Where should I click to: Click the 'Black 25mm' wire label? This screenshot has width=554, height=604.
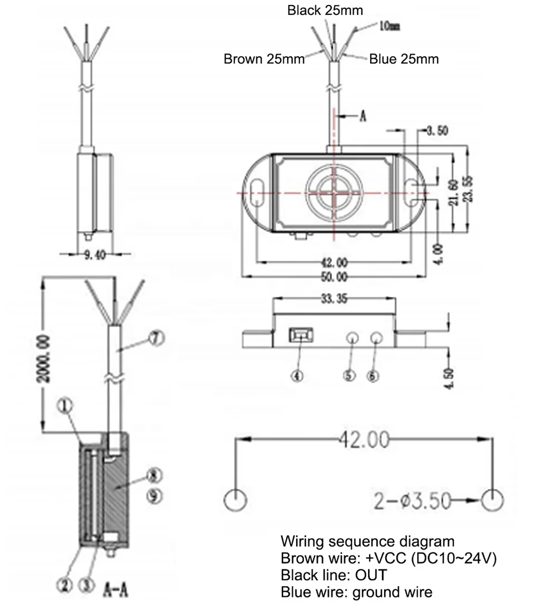tap(325, 10)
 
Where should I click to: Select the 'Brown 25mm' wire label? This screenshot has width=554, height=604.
tap(264, 59)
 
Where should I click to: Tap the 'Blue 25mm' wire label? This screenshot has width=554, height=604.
tap(404, 59)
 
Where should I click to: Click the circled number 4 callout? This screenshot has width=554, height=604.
tap(298, 375)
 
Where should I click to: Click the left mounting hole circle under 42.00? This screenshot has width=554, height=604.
tap(236, 500)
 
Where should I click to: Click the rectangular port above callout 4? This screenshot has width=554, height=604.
tap(301, 335)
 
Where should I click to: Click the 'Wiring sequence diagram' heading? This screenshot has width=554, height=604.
tap(367, 541)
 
